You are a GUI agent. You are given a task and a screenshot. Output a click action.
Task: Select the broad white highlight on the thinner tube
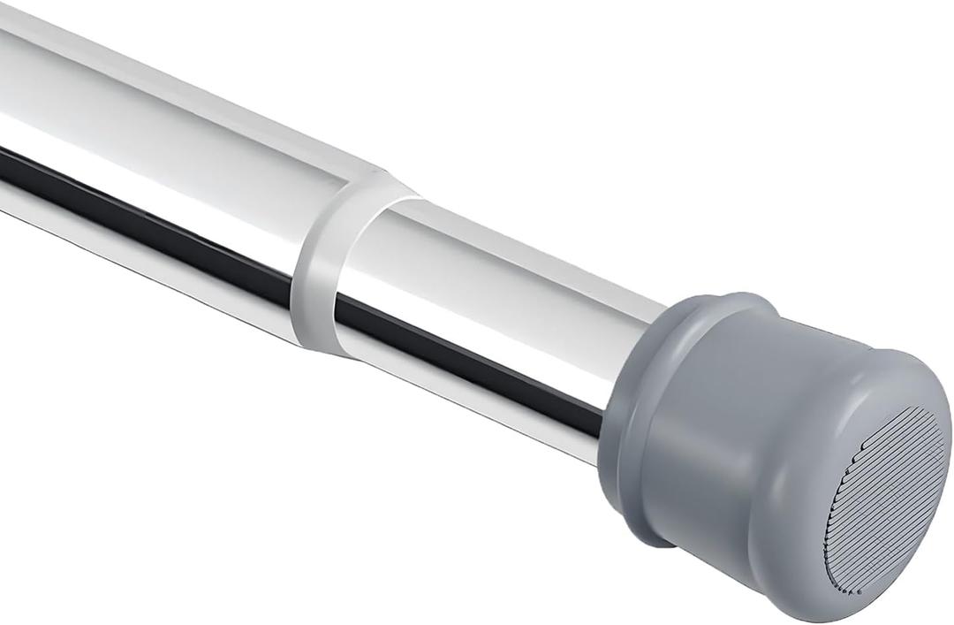[x=495, y=283]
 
